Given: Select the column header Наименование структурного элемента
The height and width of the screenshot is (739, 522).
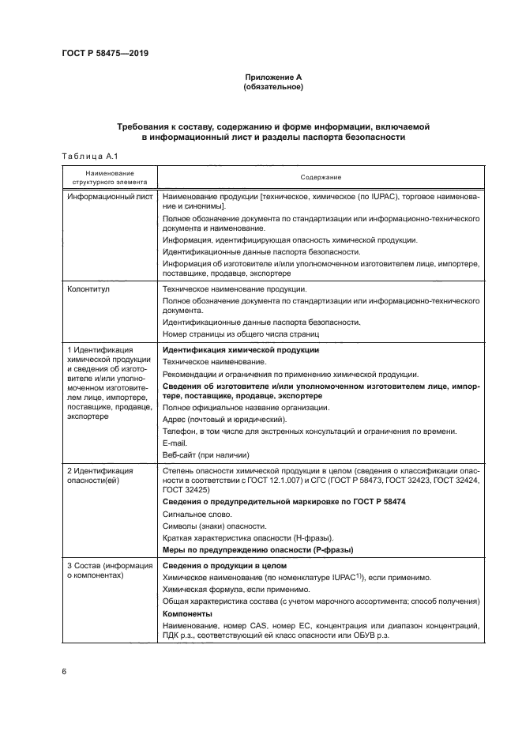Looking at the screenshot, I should click(x=110, y=177).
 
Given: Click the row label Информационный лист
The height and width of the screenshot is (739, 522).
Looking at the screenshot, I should click(x=110, y=196).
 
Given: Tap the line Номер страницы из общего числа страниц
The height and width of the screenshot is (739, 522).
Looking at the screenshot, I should click(x=231, y=334).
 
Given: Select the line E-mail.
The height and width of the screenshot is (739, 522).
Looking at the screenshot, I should click(x=175, y=443).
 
